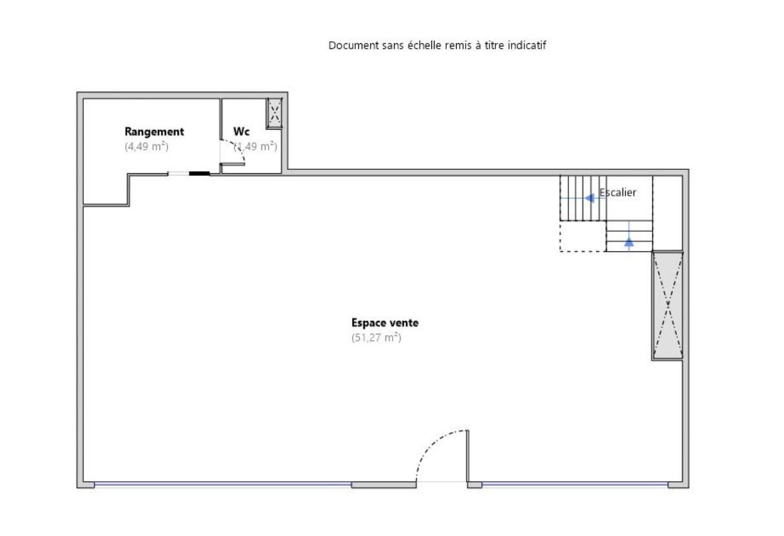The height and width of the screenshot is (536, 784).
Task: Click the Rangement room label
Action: coord(154,132)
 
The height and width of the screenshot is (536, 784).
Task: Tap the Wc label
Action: coord(241,131)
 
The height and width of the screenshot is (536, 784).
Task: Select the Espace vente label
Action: coord(385,322)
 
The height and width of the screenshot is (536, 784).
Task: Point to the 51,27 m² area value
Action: coord(377,338)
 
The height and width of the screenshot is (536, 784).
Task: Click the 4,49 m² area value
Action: coord(147,147)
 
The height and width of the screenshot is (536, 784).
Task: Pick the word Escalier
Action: coord(618,192)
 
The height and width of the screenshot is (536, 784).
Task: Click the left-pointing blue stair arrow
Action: coord(590,198)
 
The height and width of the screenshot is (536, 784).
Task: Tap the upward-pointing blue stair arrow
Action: coord(629,242)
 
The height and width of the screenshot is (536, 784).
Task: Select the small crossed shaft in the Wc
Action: coord(274,113)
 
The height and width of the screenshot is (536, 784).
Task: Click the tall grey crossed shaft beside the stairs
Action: coord(668,305)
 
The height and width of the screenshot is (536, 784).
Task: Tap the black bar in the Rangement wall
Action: coord(199,173)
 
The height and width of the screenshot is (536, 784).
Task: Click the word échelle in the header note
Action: coord(425,45)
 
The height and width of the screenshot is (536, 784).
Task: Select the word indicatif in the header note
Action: coord(527,45)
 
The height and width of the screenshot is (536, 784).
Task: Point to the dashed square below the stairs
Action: coord(583,236)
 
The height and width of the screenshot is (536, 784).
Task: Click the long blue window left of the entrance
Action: coord(223,484)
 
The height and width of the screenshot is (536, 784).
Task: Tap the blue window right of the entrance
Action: coord(575,484)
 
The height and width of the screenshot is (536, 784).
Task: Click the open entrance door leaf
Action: coord(468,456)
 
